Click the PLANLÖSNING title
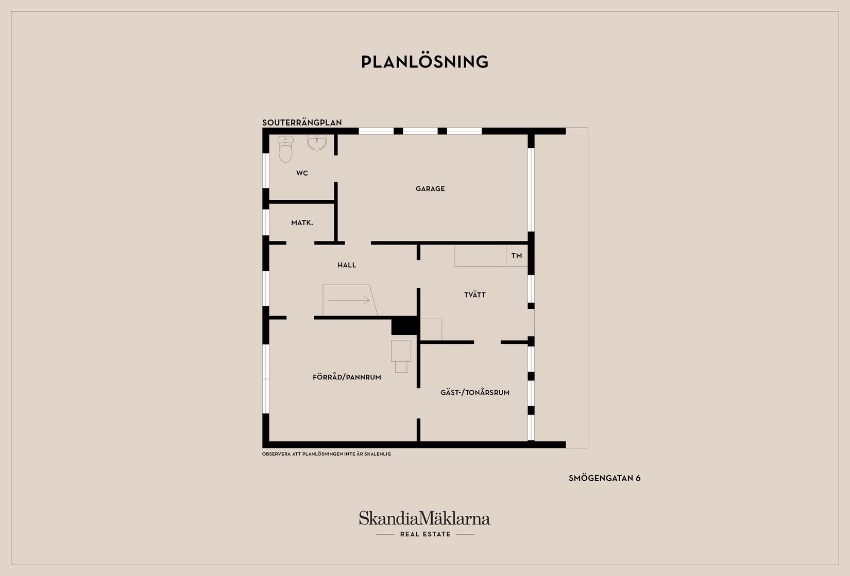(x=424, y=62)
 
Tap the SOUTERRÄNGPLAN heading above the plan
(x=302, y=123)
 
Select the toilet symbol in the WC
(x=285, y=149)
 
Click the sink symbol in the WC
(x=317, y=142)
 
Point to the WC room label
(x=302, y=173)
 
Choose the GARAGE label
(x=430, y=188)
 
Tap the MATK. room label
(x=302, y=223)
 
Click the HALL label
(x=347, y=265)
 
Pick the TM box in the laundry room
(x=517, y=256)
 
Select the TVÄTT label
(x=475, y=294)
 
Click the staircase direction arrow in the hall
(x=349, y=300)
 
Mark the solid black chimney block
(x=405, y=326)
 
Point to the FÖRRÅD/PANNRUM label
(x=347, y=377)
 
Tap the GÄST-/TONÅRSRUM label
(x=475, y=392)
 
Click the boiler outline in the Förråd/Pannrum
(x=401, y=356)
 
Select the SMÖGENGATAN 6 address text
(x=604, y=478)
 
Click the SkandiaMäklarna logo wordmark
(x=424, y=518)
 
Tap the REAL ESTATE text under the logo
(x=426, y=534)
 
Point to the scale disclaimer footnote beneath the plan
(x=326, y=454)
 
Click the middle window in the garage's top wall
(x=420, y=131)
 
